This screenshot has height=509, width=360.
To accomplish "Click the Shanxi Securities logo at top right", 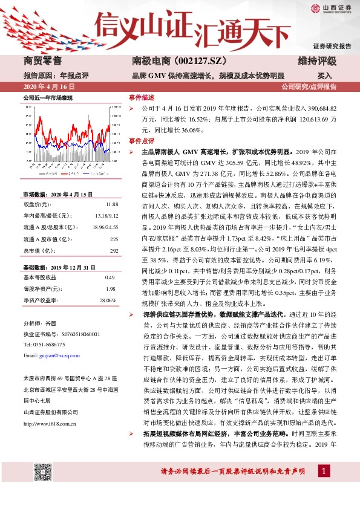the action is [329, 8].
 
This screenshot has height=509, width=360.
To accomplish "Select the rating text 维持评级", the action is [316, 61].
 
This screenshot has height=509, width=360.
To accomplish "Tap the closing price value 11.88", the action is [111, 205].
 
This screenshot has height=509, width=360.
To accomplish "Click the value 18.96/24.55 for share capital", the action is [103, 227].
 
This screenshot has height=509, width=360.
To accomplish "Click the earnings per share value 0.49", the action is [110, 277].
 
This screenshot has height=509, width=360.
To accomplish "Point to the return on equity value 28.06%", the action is [107, 300].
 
